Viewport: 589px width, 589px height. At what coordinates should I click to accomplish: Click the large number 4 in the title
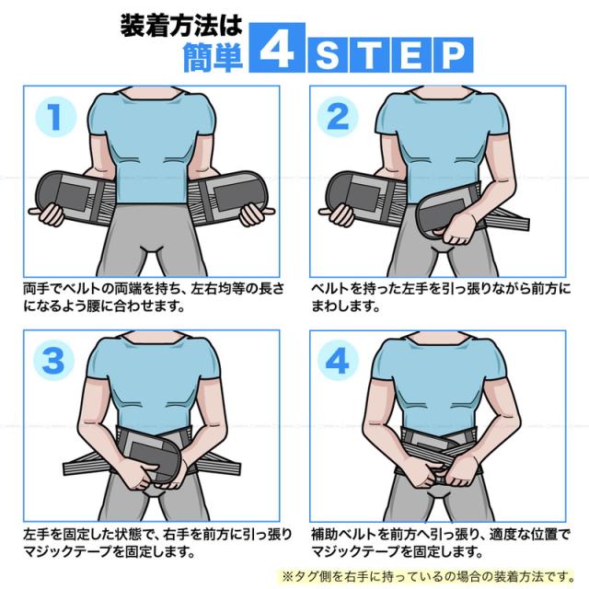(276, 48)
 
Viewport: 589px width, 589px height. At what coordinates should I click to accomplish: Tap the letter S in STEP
(328, 55)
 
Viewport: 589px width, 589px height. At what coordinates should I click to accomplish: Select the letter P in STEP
(453, 55)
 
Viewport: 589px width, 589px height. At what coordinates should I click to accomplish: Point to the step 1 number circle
(55, 117)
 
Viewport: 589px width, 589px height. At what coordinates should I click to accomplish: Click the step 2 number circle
(338, 117)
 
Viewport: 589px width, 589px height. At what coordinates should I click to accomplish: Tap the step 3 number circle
(53, 361)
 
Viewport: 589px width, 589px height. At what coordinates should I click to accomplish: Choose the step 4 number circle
(338, 361)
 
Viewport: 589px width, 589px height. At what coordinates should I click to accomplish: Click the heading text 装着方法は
(181, 26)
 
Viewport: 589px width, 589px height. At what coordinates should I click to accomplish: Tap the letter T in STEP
(369, 55)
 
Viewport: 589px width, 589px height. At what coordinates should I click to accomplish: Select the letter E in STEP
(411, 55)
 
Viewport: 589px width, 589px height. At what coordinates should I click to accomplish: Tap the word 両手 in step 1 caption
(37, 289)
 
